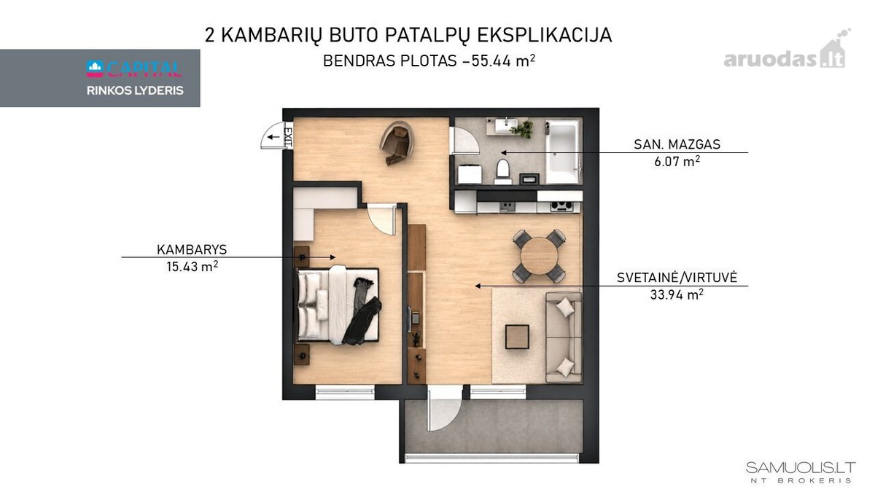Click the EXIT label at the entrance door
click(288, 135)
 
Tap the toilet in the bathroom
click(502, 171)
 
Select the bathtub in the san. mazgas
click(562, 152)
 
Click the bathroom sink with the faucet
click(507, 125)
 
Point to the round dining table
click(539, 256)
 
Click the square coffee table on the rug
click(517, 337)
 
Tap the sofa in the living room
click(564, 337)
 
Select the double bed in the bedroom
click(338, 305)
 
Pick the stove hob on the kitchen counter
click(561, 206)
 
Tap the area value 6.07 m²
click(677, 161)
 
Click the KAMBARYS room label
click(192, 249)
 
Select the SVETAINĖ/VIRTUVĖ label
click(677, 277)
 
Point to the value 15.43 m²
click(192, 267)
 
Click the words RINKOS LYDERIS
click(135, 90)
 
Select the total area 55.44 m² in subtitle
click(503, 61)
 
